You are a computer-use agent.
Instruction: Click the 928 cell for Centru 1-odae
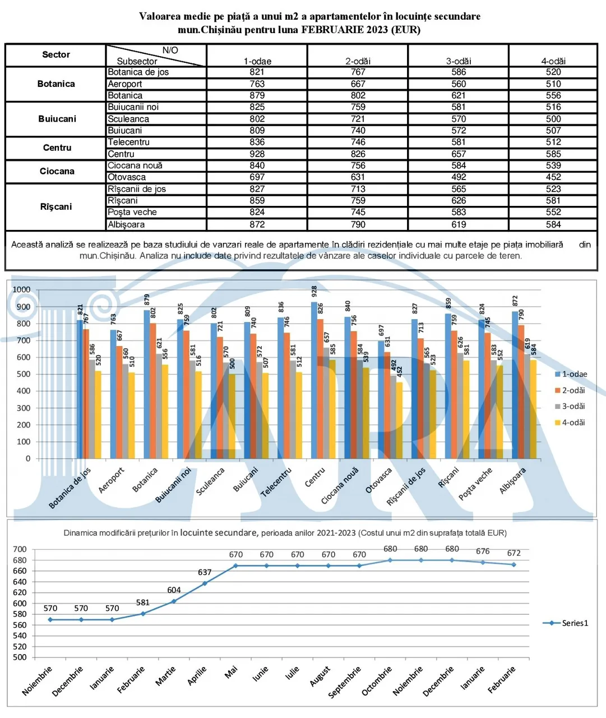tap(257, 154)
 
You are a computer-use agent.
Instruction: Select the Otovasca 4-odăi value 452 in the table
tap(553, 177)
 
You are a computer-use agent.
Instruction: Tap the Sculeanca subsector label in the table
tap(128, 119)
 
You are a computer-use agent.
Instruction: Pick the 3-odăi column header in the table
tap(459, 61)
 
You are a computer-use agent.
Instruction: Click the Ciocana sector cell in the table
tap(57, 171)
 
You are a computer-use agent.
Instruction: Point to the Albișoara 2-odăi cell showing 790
tap(358, 224)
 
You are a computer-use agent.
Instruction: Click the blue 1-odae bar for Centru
tap(314, 380)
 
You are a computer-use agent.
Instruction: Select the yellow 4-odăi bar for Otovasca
tap(399, 420)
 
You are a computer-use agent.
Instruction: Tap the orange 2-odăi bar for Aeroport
tap(119, 402)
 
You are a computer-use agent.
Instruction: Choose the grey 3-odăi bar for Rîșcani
tap(460, 406)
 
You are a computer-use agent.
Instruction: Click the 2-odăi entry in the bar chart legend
tap(570, 390)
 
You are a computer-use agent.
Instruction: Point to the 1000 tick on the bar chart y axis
tap(21, 289)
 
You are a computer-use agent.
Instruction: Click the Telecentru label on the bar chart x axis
tap(276, 482)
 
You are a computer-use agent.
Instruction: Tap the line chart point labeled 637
tap(205, 583)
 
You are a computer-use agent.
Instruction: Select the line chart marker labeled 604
tap(174, 601)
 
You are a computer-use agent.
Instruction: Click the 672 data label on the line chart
tap(514, 553)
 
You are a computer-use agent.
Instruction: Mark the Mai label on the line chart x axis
tap(231, 672)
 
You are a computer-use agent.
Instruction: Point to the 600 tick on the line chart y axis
tap(20, 603)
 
